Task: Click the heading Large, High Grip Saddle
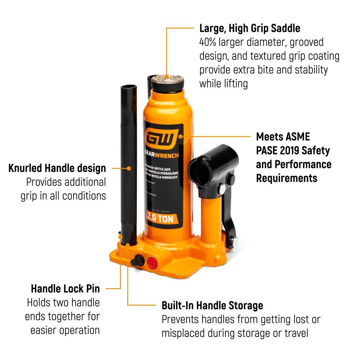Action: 250,28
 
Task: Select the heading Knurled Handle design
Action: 57,168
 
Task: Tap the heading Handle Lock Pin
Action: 65,288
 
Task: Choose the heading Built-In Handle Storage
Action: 212,306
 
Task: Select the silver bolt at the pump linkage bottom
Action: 235,239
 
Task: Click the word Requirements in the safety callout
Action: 287,178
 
